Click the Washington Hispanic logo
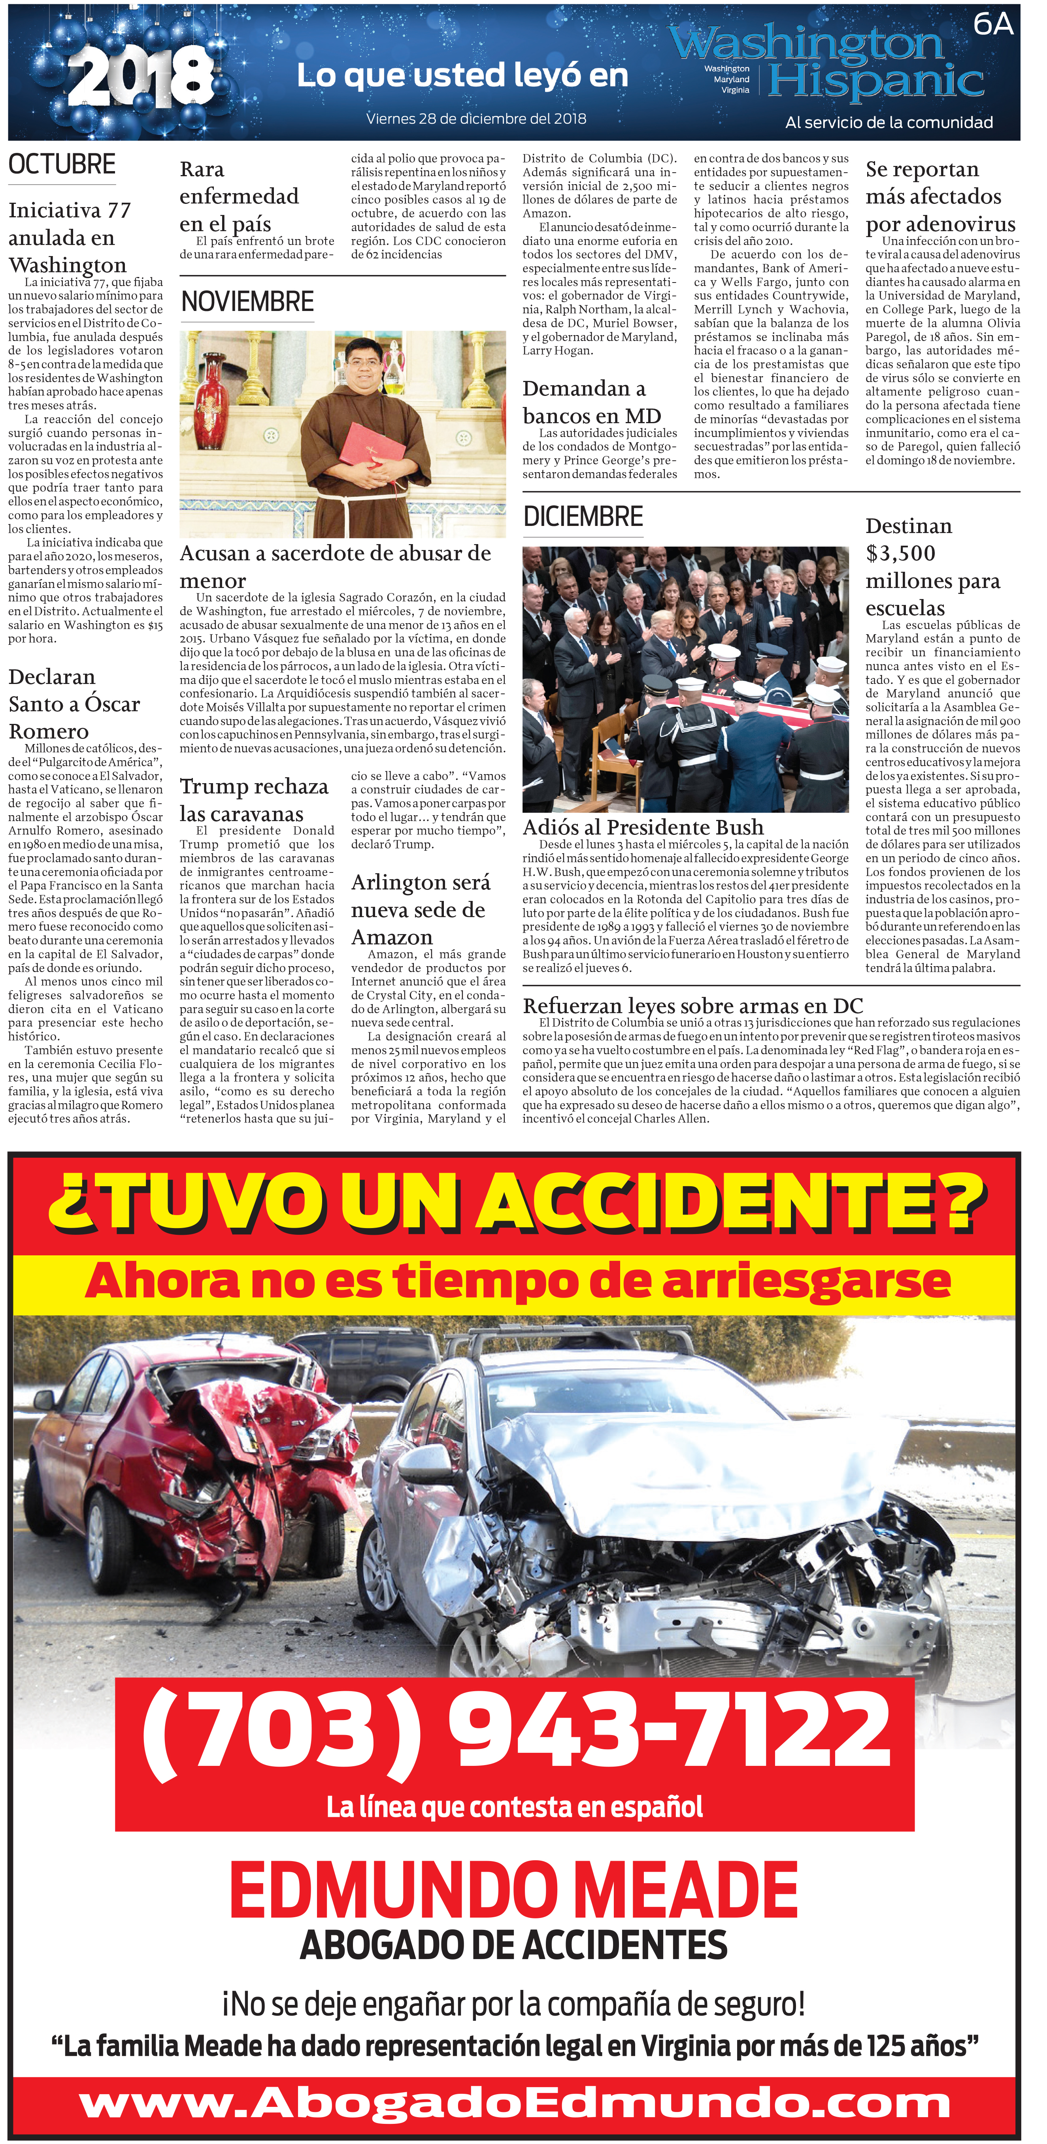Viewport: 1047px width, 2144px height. pos(841,62)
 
